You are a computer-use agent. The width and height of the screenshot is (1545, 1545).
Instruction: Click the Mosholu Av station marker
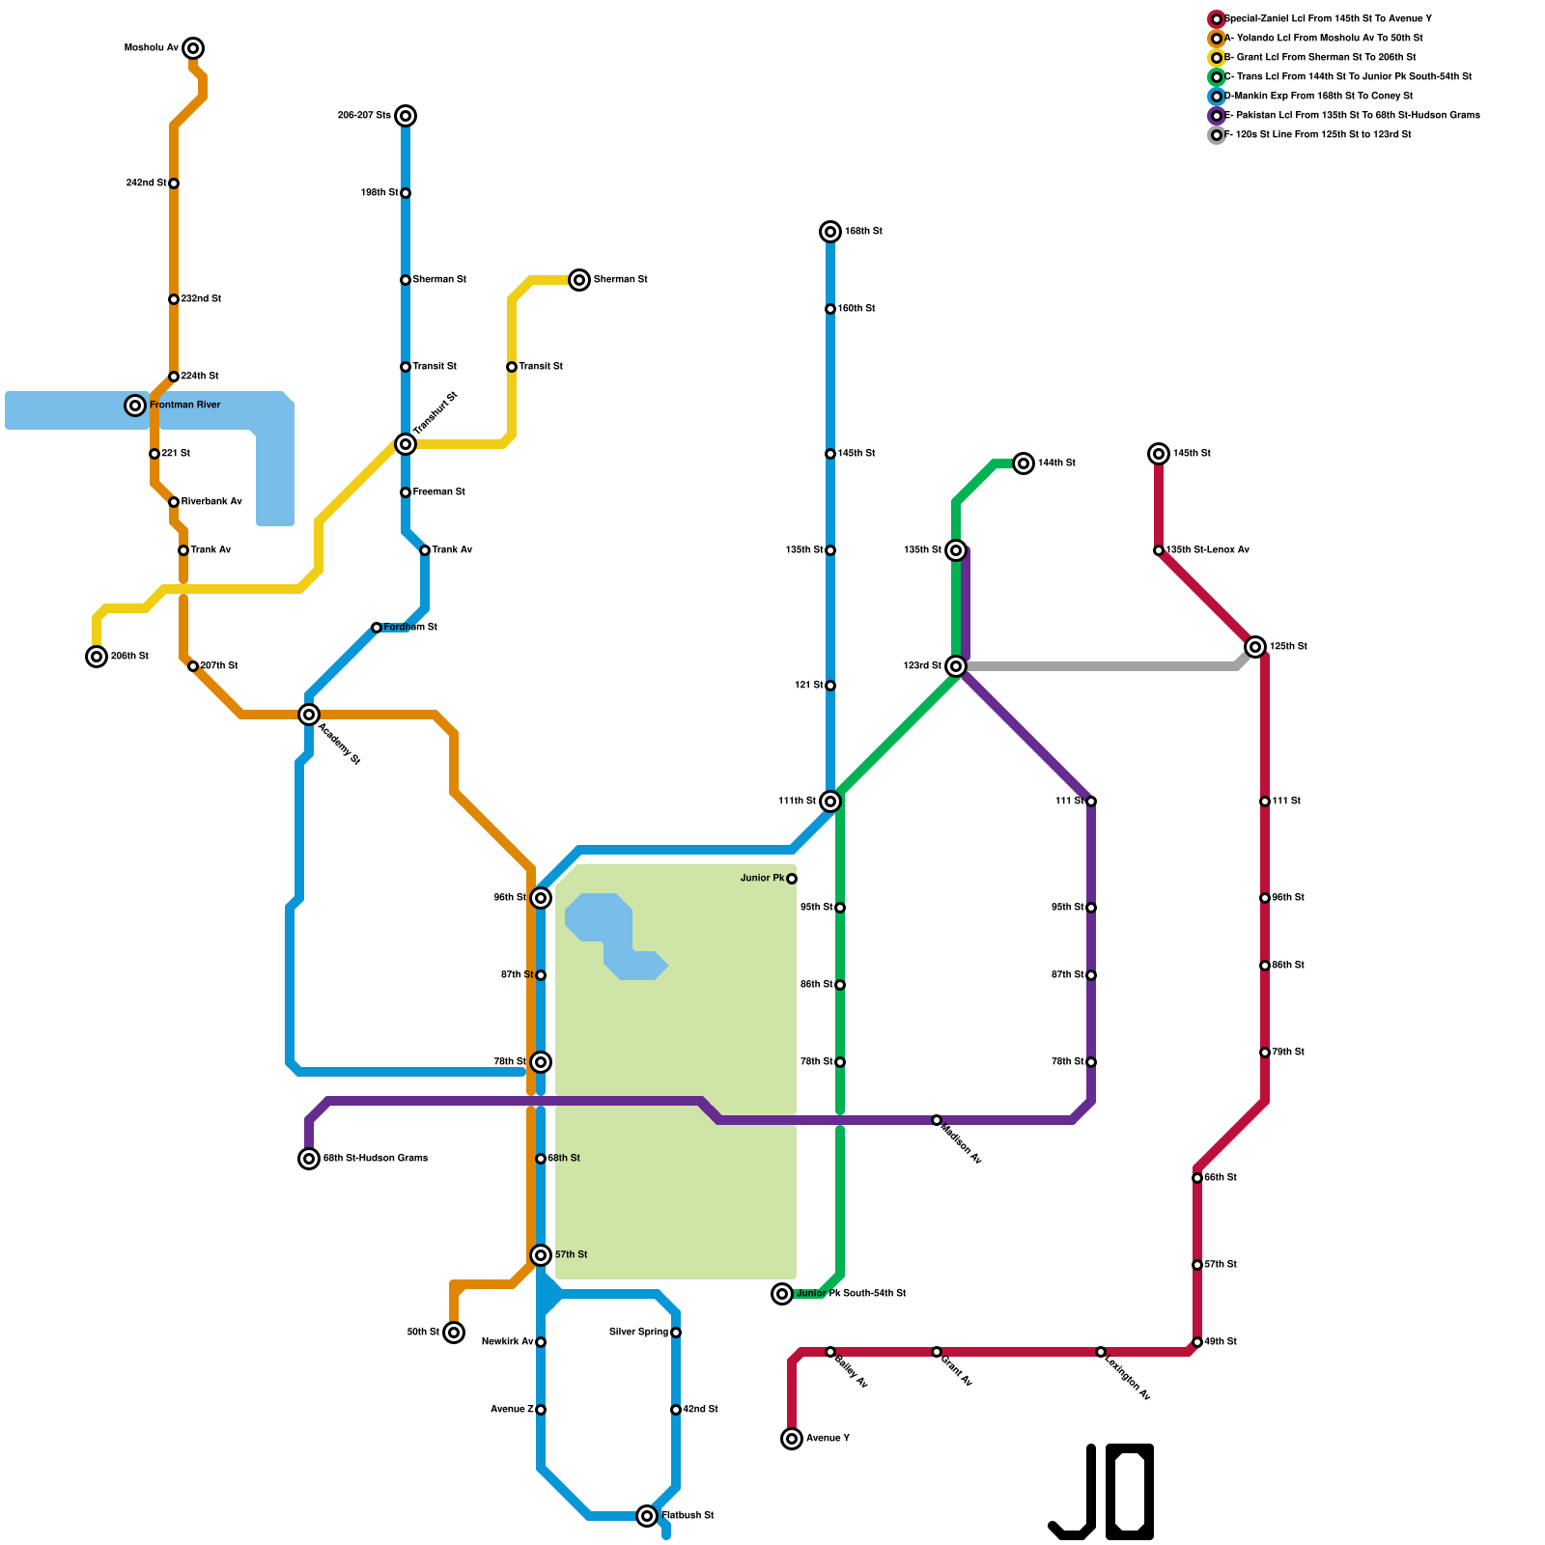point(193,48)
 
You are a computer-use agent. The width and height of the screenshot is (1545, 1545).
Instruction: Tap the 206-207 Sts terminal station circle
point(406,116)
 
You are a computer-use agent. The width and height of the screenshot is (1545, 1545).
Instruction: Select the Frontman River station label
point(184,406)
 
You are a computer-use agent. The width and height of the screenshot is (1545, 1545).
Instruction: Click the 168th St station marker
point(830,232)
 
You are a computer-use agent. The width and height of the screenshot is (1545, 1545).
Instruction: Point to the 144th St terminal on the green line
point(1024,463)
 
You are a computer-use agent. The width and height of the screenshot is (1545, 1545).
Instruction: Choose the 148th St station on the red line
point(1159,454)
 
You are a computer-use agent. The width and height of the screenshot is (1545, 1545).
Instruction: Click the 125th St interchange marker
point(1255,647)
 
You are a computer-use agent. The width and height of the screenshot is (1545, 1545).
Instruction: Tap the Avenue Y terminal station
point(792,1439)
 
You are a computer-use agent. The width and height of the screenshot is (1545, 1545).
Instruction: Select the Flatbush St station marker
point(647,1516)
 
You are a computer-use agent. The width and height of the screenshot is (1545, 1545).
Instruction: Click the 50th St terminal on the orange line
point(454,1333)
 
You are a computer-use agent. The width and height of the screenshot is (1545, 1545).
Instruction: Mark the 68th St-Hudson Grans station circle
point(309,1159)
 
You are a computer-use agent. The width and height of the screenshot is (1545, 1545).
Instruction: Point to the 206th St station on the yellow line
point(97,657)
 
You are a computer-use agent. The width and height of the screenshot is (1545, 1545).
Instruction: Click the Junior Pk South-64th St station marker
point(782,1294)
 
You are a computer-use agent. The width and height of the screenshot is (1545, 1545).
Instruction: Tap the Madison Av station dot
point(937,1120)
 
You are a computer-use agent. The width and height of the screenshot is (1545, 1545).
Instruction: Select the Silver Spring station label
point(638,1333)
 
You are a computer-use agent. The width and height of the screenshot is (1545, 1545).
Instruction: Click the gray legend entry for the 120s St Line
point(1317,135)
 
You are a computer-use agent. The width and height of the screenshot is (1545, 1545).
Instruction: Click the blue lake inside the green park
point(613,932)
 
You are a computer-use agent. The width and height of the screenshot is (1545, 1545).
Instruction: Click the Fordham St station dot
point(377,628)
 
